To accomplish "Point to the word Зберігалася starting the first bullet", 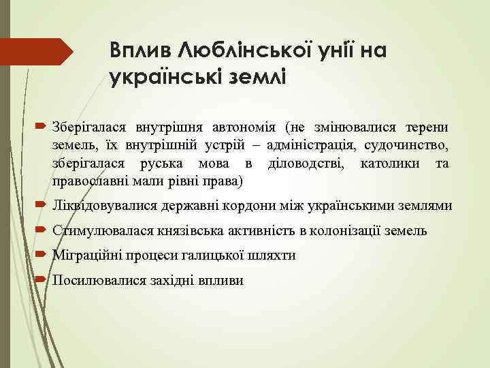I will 86,127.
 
